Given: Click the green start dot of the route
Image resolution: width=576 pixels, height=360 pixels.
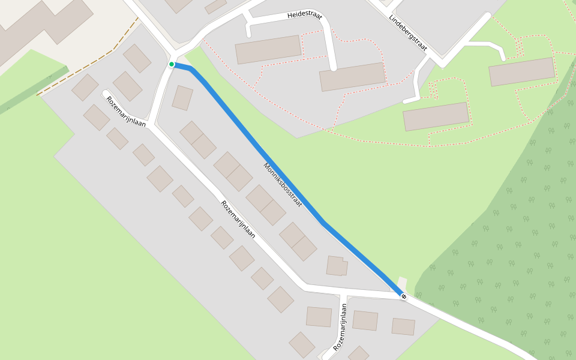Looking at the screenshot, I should click(x=172, y=64).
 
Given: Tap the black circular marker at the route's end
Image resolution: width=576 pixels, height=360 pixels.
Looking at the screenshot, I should click(x=404, y=296).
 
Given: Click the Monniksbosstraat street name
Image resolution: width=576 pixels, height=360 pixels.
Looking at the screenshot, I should click(x=281, y=185).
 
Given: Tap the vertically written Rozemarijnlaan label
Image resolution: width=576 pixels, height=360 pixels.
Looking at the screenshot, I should click(x=340, y=327).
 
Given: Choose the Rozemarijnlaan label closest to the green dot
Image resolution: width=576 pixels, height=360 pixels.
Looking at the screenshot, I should click(x=126, y=111).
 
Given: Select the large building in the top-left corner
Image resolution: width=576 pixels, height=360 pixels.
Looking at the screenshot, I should click(x=42, y=24).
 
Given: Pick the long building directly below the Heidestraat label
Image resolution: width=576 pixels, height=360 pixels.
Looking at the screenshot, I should click(x=268, y=49).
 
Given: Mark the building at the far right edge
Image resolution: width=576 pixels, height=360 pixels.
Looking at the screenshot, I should click(x=521, y=71).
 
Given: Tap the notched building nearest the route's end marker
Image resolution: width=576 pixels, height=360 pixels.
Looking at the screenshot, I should click(x=337, y=266).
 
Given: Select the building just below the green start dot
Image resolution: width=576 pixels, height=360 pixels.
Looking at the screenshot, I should click(x=182, y=98).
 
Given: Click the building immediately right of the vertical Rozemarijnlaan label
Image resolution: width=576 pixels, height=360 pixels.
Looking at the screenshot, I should click(x=365, y=320).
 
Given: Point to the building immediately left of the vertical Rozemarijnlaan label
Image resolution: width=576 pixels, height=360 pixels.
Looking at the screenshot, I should click(x=319, y=316).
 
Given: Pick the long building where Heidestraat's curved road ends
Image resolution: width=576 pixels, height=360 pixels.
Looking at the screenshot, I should click(x=352, y=76).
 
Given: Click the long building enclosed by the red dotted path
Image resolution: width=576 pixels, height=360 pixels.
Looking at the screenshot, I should click(x=436, y=116).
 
